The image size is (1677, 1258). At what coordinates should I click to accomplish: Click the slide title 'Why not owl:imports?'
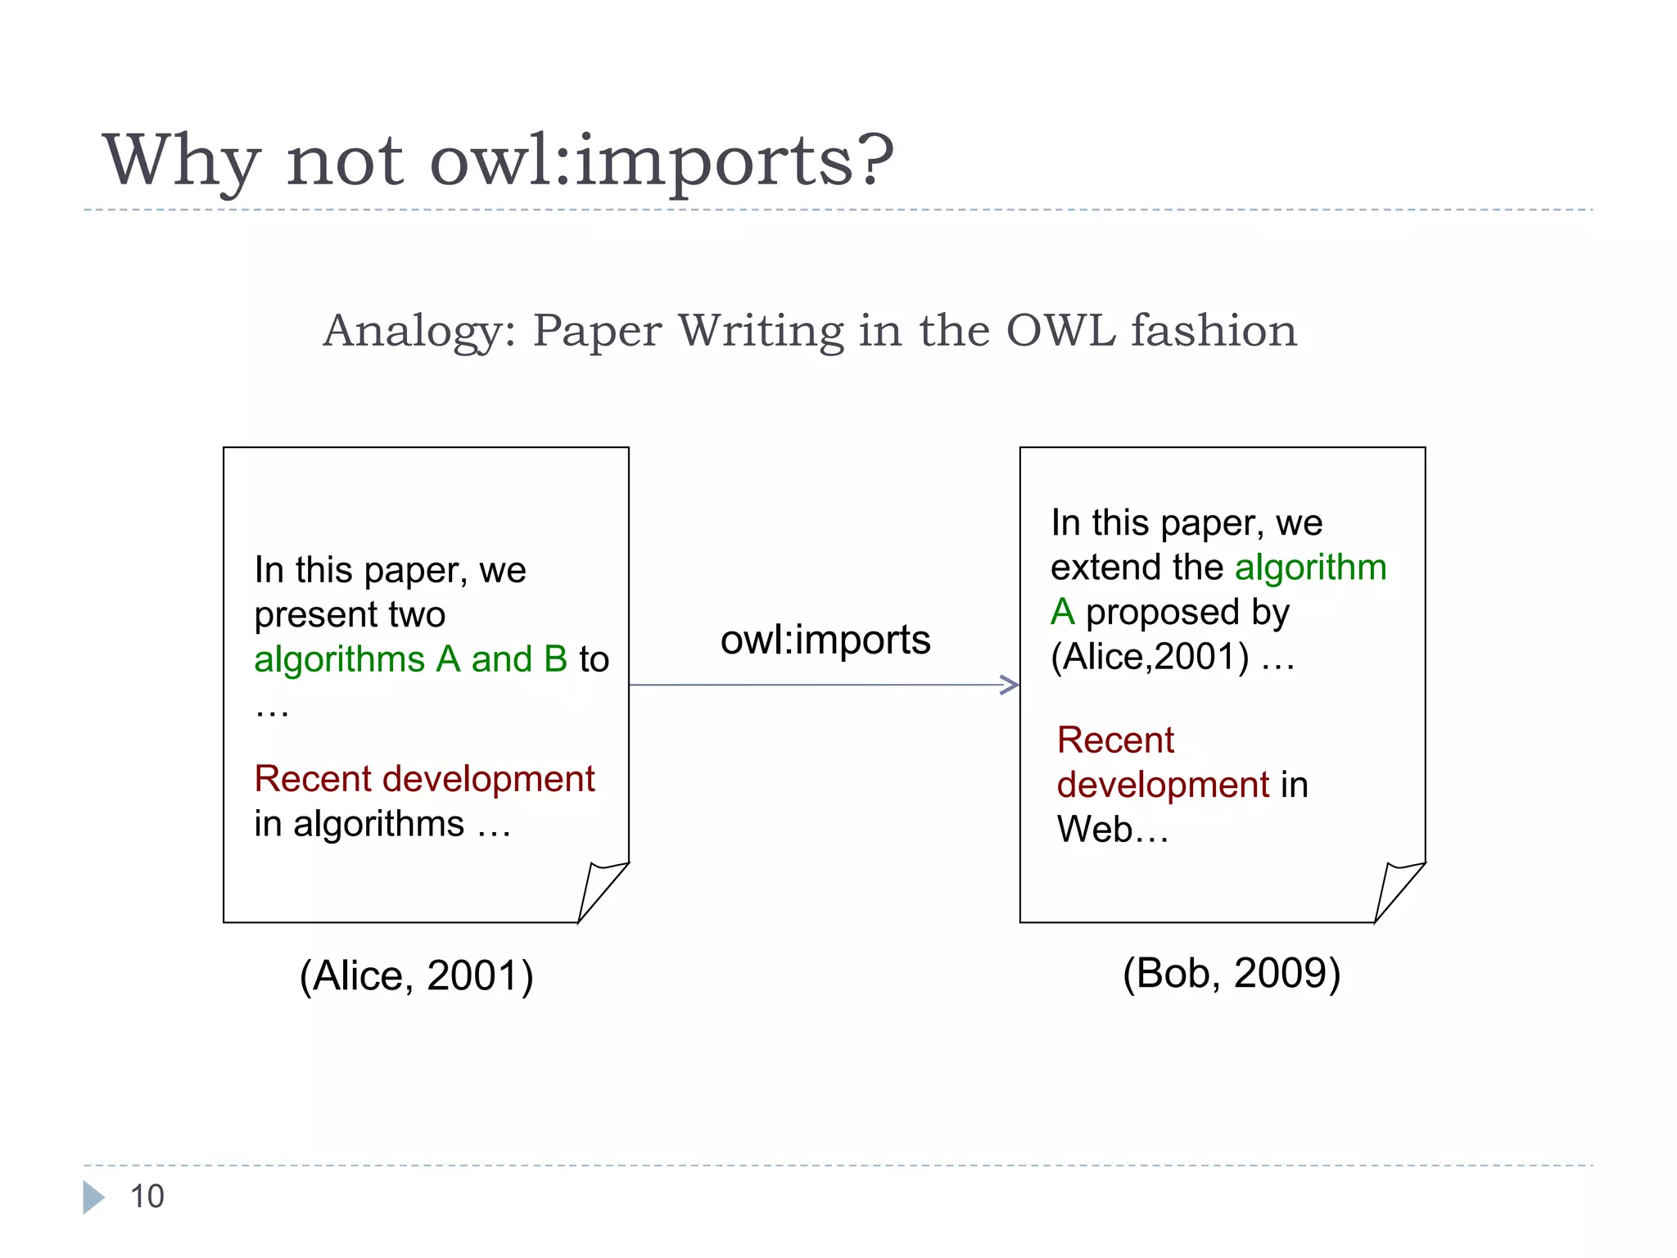coord(498,160)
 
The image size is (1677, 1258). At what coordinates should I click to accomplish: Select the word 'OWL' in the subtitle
coord(1060,331)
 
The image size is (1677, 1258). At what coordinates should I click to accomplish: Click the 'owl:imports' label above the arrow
coord(825,640)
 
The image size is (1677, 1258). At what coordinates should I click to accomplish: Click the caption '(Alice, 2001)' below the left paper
coord(416,975)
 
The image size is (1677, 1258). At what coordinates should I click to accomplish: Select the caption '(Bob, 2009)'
coord(1231,973)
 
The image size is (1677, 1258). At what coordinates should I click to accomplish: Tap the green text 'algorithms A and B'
coord(410,659)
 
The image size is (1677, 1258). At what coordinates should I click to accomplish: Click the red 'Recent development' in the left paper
coord(424,779)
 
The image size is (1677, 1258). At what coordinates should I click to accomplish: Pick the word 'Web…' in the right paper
coord(1112,830)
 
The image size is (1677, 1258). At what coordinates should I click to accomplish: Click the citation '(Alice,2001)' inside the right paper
coord(1150,657)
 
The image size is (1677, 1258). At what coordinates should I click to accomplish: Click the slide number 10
coord(147,1197)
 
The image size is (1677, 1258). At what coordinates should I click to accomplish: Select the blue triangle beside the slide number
coord(93,1197)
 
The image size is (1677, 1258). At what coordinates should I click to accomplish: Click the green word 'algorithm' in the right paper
coord(1310,568)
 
